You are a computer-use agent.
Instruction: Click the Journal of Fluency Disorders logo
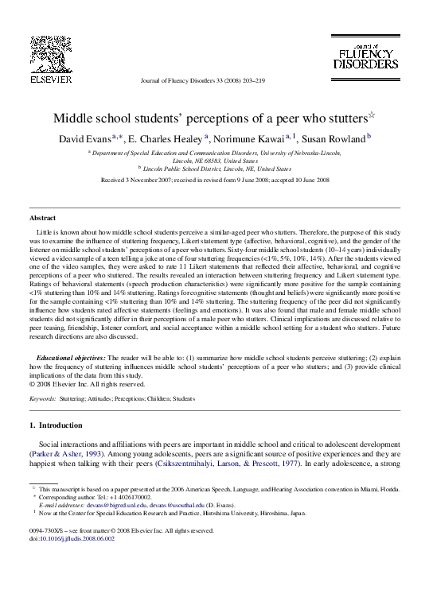point(365,52)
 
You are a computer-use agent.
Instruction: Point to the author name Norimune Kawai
point(250,140)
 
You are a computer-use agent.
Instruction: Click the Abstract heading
point(42,217)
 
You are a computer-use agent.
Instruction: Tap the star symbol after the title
point(370,115)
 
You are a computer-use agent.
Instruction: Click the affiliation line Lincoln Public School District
point(216,169)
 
